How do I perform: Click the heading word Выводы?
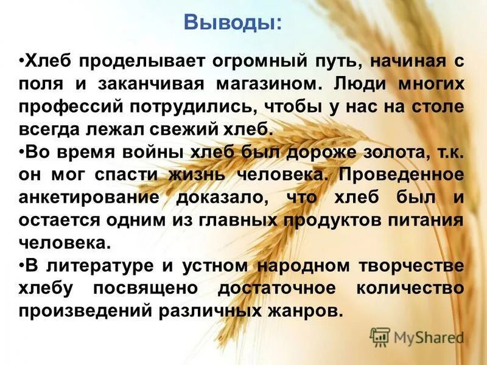tap(233, 24)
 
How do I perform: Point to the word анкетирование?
tap(85, 197)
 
